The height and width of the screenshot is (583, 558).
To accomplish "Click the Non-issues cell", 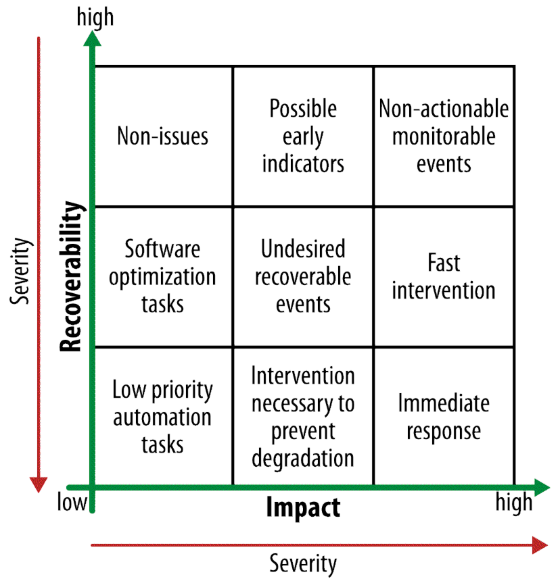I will click(163, 136).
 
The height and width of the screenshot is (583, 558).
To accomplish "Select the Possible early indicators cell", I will click(302, 136).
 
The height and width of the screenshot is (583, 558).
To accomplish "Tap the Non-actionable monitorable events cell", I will click(443, 136).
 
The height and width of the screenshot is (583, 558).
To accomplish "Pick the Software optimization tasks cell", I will click(163, 276).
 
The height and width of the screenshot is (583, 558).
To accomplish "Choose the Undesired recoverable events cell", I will click(302, 276).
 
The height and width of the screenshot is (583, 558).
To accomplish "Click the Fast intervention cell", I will click(443, 276).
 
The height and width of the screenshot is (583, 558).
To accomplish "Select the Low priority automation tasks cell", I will click(163, 417).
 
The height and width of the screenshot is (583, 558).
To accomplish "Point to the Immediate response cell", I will click(443, 417).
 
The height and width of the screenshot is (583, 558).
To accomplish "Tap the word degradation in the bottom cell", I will click(302, 459).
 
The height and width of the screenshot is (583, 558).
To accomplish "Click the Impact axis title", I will click(302, 507).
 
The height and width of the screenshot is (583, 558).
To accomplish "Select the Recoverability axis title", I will click(73, 276).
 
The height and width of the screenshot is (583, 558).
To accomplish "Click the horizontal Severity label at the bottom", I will click(302, 562).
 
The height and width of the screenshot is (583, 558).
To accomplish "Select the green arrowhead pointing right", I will click(541, 486).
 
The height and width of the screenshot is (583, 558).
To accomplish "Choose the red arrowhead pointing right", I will click(540, 544).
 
